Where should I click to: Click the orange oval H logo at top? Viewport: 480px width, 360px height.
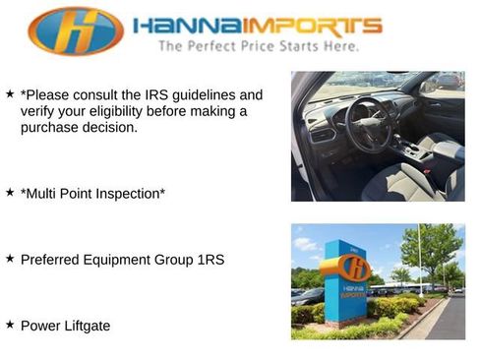click(x=76, y=30)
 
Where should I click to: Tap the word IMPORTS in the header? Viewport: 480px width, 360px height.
click(x=313, y=25)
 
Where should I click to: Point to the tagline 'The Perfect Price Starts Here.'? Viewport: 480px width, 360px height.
click(x=258, y=45)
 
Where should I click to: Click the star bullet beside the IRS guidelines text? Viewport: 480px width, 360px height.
click(x=10, y=93)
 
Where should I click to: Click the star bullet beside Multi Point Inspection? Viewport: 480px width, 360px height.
click(x=10, y=192)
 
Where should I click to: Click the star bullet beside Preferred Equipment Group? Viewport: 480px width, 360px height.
click(x=10, y=258)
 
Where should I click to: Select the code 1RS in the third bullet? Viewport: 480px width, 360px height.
click(x=208, y=260)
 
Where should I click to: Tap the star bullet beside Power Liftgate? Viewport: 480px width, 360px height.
click(x=10, y=324)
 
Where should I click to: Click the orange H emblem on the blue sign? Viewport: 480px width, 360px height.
click(x=357, y=267)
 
